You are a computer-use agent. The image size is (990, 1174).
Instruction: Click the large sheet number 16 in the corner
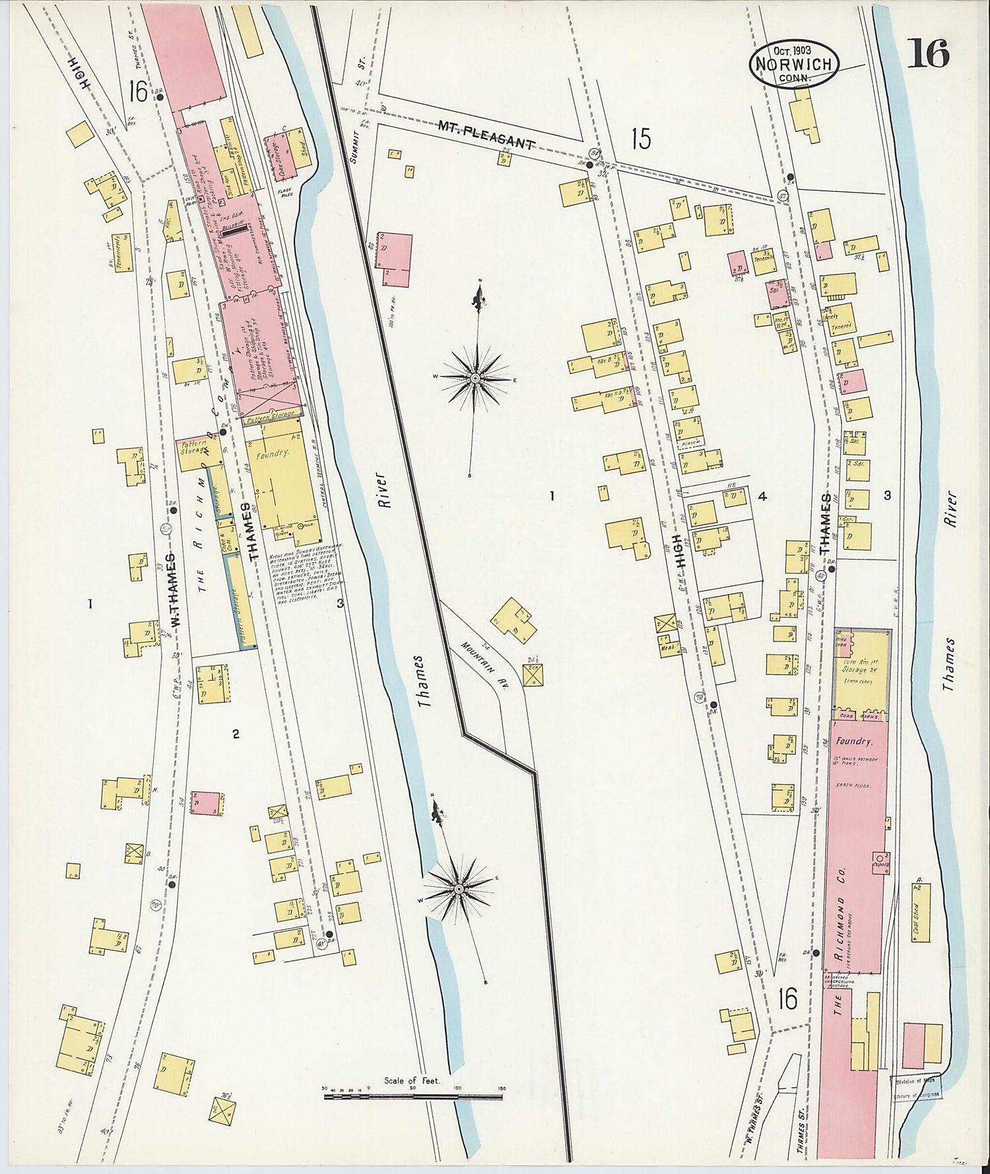pyautogui.click(x=928, y=53)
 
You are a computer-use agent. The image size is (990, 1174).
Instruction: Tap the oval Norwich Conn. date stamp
pyautogui.click(x=793, y=63)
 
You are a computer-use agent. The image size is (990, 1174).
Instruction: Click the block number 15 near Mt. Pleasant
pyautogui.click(x=640, y=140)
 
